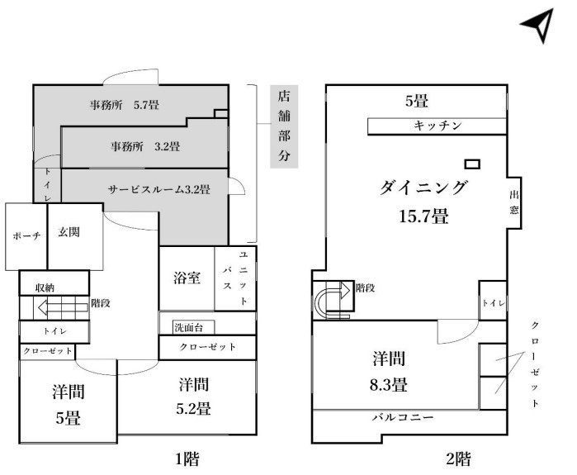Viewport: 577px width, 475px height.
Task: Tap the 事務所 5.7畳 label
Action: coord(125,105)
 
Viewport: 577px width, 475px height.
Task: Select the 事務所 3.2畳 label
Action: coord(145,147)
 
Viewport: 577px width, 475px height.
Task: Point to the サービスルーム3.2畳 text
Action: coord(158,189)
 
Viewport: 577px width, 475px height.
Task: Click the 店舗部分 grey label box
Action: coord(284,126)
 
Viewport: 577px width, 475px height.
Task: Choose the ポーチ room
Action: coord(26,236)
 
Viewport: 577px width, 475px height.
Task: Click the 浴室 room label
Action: coord(187,278)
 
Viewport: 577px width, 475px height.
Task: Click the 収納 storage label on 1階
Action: coord(45,287)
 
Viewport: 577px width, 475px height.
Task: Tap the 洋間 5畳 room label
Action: coord(68,405)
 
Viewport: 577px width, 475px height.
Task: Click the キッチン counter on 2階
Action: coord(437,126)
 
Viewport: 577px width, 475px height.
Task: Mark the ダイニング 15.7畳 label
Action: coord(423,202)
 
